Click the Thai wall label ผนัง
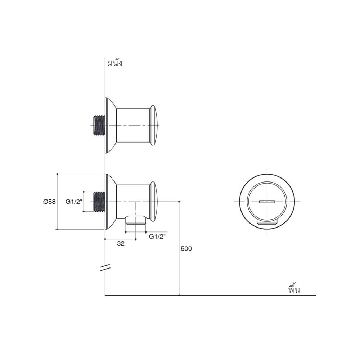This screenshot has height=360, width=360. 115,63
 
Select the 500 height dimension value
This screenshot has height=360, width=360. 186,248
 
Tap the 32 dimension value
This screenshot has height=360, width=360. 121,244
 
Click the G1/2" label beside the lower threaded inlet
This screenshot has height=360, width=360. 74,202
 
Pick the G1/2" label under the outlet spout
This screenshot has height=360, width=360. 157,237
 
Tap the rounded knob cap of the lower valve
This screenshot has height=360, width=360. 153,202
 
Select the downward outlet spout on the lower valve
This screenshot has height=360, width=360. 136,220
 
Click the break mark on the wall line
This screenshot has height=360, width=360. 105,267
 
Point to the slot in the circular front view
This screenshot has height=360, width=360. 267,202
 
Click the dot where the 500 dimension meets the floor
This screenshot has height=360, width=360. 179,295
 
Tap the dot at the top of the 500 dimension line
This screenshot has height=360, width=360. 179,202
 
